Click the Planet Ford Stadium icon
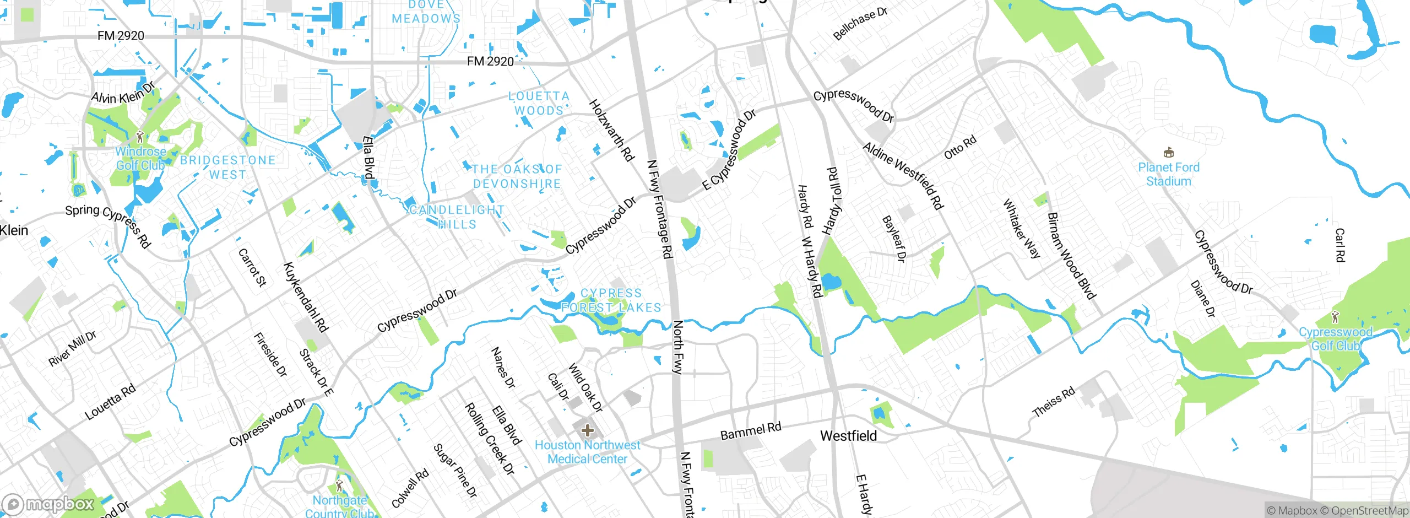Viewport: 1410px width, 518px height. point(1168,153)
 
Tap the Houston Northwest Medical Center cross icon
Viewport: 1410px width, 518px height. point(587,430)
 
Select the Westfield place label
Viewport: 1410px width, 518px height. point(848,436)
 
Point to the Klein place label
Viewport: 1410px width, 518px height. point(14,230)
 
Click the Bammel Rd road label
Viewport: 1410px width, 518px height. point(751,431)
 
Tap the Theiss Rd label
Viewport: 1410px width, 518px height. point(1053,402)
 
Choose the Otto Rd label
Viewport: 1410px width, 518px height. point(960,147)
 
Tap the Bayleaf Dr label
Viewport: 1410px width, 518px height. point(894,239)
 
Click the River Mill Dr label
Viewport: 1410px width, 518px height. point(72,349)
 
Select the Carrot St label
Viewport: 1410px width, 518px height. point(252,268)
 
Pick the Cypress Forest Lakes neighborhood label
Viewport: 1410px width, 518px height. point(611,300)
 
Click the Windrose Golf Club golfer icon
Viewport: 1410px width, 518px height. point(140,136)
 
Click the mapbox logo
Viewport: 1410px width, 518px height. point(48,504)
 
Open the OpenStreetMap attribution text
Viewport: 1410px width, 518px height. point(1369,511)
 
